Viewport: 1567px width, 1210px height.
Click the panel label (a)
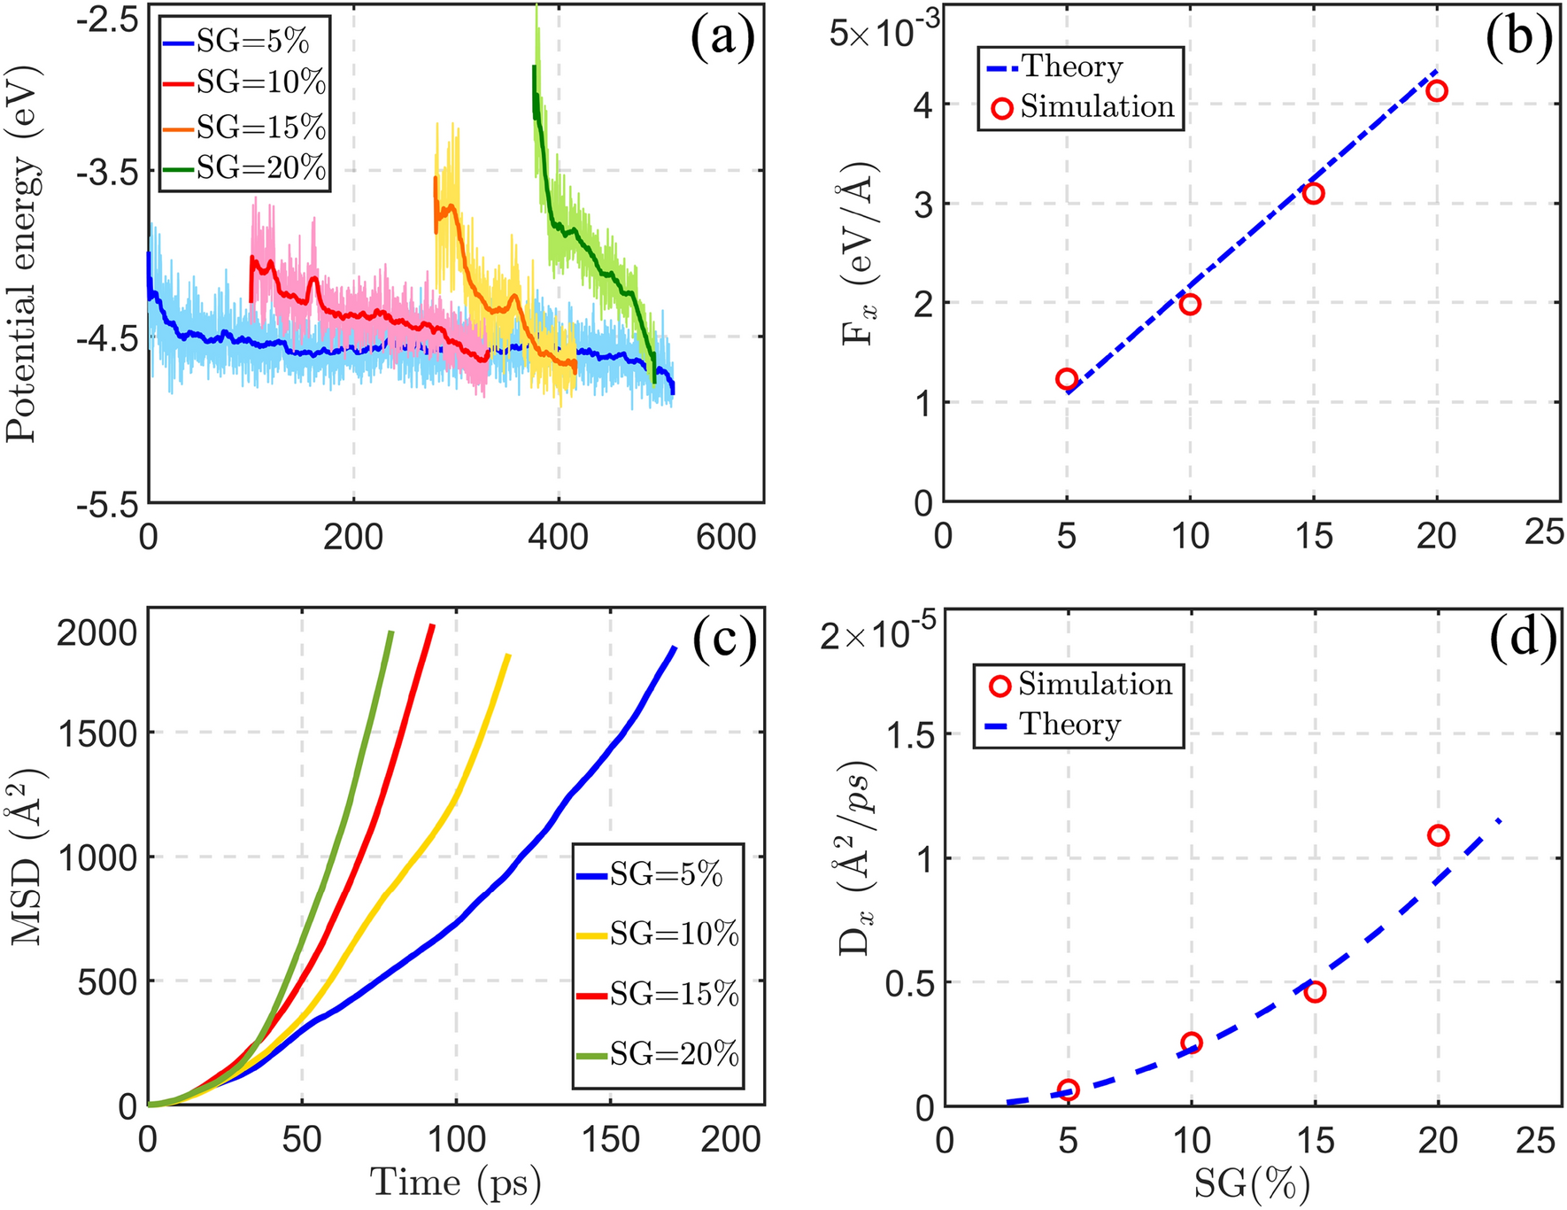pos(721,40)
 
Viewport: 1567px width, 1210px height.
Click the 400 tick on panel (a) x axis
pos(558,537)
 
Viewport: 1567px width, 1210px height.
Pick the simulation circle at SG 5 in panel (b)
pos(1067,379)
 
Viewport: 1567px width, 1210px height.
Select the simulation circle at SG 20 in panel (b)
pos(1437,90)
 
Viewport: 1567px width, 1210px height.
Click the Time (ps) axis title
pos(455,1183)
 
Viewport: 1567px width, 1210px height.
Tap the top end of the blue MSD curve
pos(675,648)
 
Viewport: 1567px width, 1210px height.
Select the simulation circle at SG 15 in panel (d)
pos(1315,991)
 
